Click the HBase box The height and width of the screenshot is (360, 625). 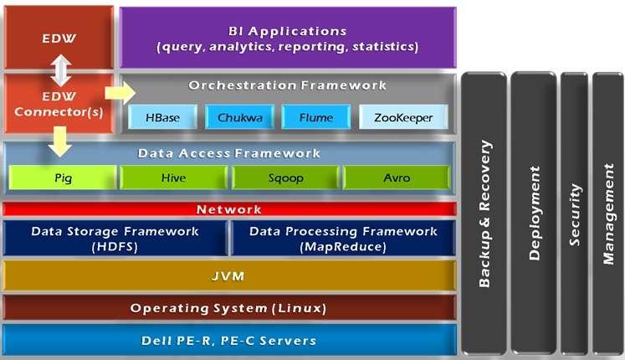(161, 118)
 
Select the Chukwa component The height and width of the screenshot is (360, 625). (238, 118)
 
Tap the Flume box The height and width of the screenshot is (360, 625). (315, 118)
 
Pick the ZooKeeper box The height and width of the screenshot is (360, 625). (403, 118)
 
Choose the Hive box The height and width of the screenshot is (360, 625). (173, 177)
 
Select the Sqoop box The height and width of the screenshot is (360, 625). (285, 177)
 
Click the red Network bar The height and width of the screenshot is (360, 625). (228, 209)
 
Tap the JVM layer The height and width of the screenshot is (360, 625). (228, 275)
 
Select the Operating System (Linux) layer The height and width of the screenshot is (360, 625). (228, 308)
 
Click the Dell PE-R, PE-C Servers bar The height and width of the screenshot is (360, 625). (228, 340)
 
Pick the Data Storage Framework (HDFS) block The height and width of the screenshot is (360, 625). (115, 239)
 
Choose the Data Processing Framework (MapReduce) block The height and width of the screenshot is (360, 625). (343, 239)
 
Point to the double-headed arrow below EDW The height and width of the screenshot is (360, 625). (59, 70)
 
